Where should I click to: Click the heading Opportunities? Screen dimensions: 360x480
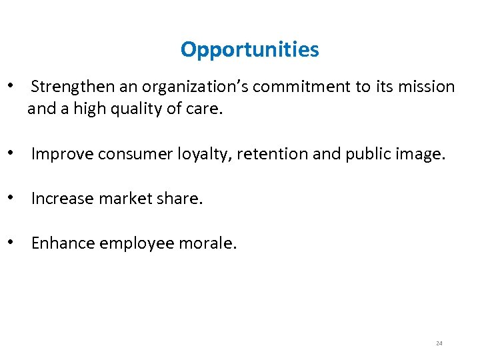249,50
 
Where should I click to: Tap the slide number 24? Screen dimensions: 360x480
439,343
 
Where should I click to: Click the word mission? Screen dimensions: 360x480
427,87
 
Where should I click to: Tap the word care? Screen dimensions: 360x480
205,109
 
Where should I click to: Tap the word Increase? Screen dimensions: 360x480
61,199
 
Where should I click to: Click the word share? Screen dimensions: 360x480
176,199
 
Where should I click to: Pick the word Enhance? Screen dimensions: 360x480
63,243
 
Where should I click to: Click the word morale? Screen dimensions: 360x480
207,243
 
